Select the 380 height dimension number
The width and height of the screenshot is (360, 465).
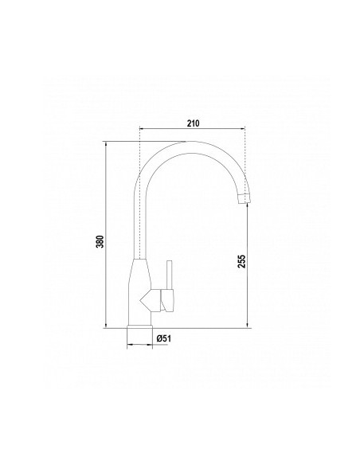click(100, 243)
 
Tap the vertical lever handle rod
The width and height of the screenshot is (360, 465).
click(168, 275)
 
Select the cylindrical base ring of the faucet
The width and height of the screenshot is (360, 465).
click(139, 334)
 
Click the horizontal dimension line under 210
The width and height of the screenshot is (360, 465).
click(193, 130)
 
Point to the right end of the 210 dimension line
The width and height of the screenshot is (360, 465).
click(247, 130)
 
